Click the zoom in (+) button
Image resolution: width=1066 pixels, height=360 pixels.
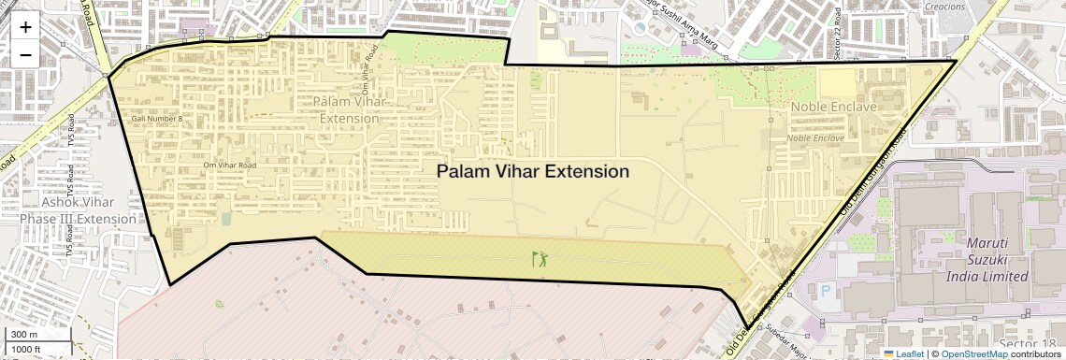pos(25,26)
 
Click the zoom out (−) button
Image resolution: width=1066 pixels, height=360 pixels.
pos(25,54)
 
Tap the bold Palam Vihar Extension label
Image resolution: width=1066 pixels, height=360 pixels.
pos(533,171)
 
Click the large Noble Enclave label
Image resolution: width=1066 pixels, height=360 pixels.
pos(833,108)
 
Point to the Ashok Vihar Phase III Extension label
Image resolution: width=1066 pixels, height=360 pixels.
pos(78,210)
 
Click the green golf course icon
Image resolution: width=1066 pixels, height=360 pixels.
pos(540,259)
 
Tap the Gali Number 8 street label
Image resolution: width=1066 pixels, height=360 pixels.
pos(157,119)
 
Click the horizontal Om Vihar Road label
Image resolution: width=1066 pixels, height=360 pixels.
pos(229,166)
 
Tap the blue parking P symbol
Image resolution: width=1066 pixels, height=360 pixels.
pos(825,291)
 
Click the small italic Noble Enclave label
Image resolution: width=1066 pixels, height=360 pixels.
pos(815,138)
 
